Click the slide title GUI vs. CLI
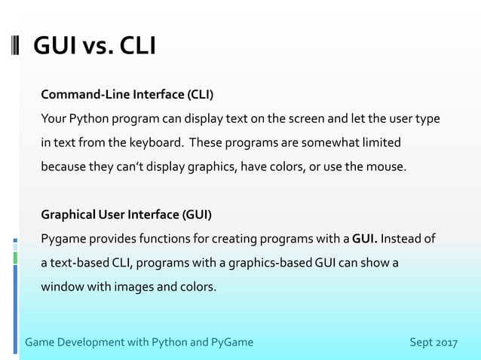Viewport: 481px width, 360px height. (94, 47)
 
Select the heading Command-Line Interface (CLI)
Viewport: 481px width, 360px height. (127, 95)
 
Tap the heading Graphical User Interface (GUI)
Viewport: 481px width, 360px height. (126, 215)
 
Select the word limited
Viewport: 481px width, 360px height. (380, 142)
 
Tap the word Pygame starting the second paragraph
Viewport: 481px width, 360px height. (63, 239)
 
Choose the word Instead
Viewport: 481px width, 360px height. (402, 239)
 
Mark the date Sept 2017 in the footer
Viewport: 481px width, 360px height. (434, 343)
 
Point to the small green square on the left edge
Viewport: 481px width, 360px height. (15, 258)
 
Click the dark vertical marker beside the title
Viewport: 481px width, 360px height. (17, 47)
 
